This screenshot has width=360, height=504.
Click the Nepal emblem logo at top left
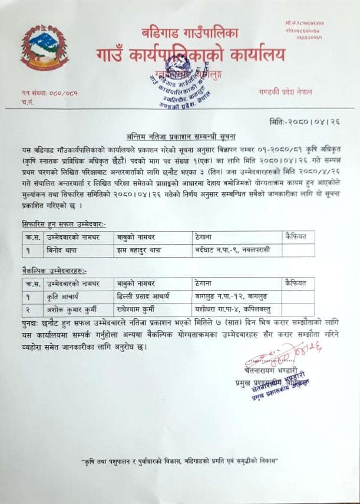tap(45, 48)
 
